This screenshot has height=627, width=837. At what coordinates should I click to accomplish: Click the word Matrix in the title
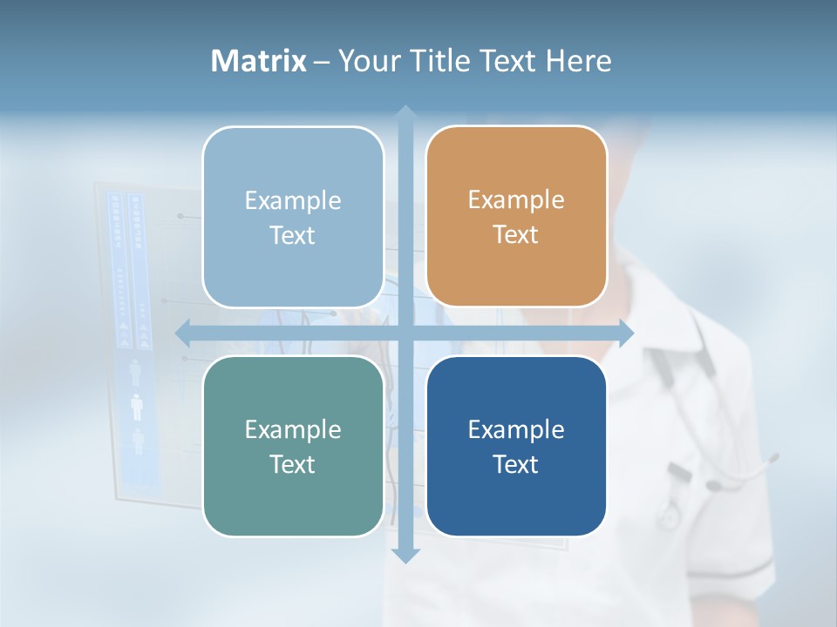coord(258,61)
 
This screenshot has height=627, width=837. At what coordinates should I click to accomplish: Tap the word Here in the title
coord(578,61)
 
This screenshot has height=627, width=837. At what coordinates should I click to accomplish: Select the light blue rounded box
coord(293,218)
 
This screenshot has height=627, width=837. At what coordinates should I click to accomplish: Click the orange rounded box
coord(516,218)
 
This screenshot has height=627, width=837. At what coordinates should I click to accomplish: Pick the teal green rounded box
coord(293,447)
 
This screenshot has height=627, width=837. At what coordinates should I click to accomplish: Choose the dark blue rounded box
coord(516,447)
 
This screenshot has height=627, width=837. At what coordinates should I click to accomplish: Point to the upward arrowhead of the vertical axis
coord(405,114)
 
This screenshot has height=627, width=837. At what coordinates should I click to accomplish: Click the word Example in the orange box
coord(516,200)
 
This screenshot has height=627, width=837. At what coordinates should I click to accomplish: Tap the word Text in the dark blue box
coord(516,464)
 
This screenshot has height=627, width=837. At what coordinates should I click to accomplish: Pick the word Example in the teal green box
coord(293,429)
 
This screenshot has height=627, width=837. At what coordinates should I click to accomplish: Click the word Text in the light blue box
coord(293,236)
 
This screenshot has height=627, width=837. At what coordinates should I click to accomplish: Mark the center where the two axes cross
coord(405,332)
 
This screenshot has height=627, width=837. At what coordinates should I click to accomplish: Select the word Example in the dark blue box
coord(516,429)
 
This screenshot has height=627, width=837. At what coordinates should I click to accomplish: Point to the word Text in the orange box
coord(516,235)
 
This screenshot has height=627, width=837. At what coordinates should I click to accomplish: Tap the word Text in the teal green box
coord(293,464)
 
